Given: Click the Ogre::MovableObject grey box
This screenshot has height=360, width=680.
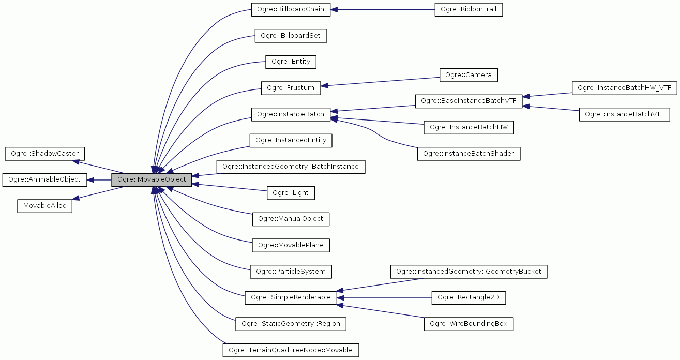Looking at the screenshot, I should pos(152,179).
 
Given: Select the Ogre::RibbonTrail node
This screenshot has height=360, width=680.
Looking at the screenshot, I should pos(469,10).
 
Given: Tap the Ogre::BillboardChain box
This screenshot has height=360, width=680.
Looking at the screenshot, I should pos(291,10).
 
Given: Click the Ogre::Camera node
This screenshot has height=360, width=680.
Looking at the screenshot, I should pos(469,75).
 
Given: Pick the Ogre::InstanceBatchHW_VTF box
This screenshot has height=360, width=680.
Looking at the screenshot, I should pos(624,88).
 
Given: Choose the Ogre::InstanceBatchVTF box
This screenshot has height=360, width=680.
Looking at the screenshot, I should pos(624,114).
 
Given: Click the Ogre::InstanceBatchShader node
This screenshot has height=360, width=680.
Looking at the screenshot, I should pos(469,154).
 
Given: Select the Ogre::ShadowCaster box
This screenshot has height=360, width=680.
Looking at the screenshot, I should pos(45,154).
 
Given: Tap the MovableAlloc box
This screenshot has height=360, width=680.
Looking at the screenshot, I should pos(45,205).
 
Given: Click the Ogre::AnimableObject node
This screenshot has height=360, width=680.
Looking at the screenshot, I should pos(45,179).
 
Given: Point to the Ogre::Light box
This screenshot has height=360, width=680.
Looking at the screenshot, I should pos(291,193).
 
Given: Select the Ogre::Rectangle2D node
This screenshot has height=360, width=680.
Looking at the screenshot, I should pos(469,297).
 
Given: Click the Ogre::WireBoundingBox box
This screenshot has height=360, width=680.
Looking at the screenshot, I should pos(469,324).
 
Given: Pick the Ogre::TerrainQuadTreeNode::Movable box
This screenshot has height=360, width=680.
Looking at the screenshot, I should pos(291,350).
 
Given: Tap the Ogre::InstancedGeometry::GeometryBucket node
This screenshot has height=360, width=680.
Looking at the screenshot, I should pos(469,271).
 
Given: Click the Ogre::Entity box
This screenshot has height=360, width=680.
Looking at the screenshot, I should pos(291,62).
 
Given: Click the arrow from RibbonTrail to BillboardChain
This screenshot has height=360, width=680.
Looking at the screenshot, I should pos(383,10).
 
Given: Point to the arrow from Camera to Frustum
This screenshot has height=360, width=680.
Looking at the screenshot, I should pos(380,82).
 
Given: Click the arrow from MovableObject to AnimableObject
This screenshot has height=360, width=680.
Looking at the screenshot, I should pos(99,179).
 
